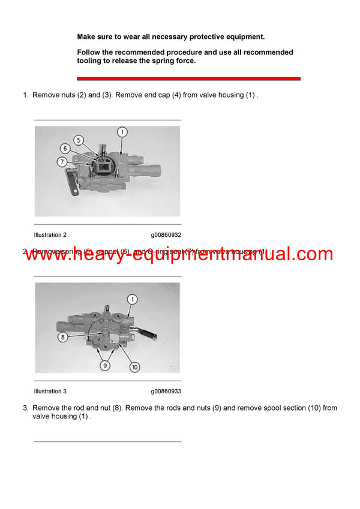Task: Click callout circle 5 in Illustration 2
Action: coord(78,139)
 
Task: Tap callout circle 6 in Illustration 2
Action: coord(64,148)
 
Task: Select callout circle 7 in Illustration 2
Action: coord(61,161)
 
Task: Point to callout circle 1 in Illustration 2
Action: coord(122,131)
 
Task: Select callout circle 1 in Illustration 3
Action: coord(132,299)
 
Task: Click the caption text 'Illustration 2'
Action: coord(50,235)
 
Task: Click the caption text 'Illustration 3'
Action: coord(50,391)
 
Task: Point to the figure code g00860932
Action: coord(166,235)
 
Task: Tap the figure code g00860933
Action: coord(166,391)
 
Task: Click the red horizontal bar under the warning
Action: coord(188,79)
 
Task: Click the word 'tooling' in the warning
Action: coord(91,61)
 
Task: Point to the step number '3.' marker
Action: coord(26,408)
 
